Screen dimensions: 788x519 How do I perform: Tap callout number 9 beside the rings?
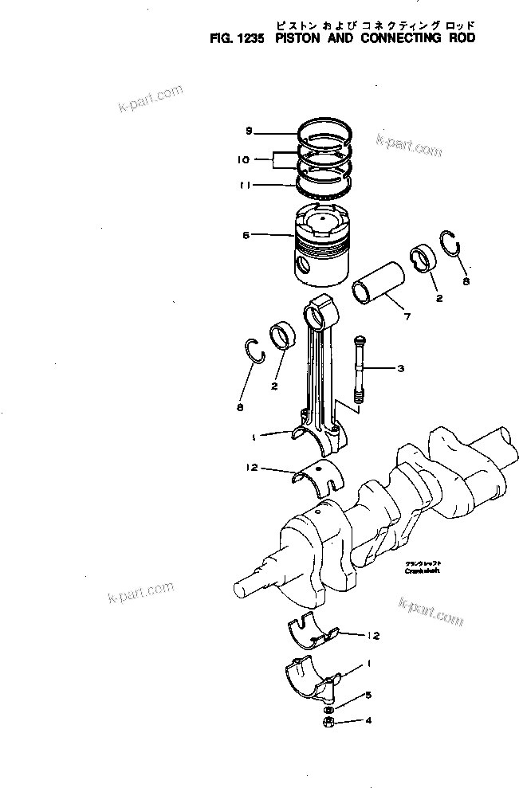(249, 130)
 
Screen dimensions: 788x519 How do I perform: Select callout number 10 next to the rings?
(243, 159)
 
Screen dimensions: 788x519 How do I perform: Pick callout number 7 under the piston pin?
(407, 317)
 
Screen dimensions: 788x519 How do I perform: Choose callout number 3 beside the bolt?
(400, 368)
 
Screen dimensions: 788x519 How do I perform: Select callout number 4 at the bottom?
(368, 723)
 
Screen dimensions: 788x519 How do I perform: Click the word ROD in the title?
(459, 37)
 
